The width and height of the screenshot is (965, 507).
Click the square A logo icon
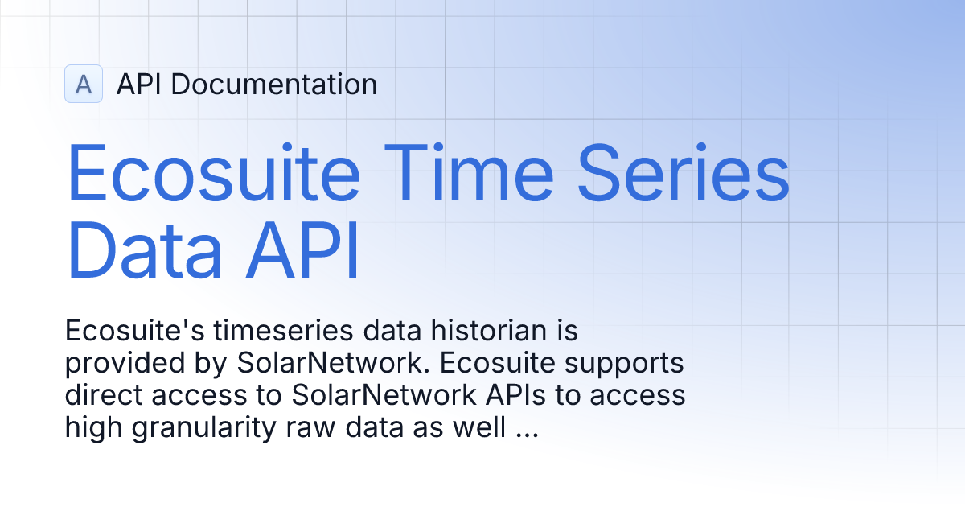tap(84, 84)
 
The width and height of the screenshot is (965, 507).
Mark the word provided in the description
tap(125, 364)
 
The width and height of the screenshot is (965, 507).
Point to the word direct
tap(104, 397)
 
